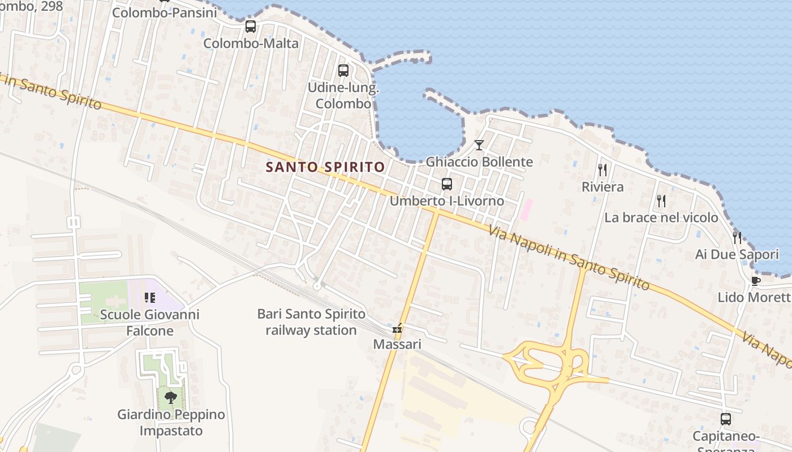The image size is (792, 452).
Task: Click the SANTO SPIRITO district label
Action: [x=325, y=167]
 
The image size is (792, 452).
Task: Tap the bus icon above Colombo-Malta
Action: [x=250, y=27]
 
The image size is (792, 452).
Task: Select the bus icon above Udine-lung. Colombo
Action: [x=343, y=71]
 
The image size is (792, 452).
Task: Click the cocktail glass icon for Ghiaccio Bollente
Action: [x=479, y=145]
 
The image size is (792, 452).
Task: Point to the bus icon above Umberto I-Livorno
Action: [x=447, y=184]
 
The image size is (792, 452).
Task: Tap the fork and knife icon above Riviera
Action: [x=602, y=169]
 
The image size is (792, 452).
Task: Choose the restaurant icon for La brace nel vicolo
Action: [x=661, y=201]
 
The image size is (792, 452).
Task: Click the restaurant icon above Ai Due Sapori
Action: [x=737, y=237]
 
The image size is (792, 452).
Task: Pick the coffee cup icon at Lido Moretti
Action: [x=755, y=281]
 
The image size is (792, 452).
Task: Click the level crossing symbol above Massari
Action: [x=398, y=328]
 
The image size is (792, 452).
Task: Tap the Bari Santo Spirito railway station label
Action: [x=311, y=321]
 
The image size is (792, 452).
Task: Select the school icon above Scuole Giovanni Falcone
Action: [x=149, y=297]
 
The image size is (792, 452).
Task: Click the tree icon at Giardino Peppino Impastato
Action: [x=170, y=397]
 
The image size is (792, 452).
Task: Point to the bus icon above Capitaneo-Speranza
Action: [x=725, y=419]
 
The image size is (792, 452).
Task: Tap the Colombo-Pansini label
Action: [x=165, y=12]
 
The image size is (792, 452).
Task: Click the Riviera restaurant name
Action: [x=602, y=187]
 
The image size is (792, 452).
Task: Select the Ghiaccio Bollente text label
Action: [x=479, y=162]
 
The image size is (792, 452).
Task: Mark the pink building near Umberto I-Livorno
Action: [x=526, y=209]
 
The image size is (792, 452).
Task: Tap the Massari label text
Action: [x=397, y=344]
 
